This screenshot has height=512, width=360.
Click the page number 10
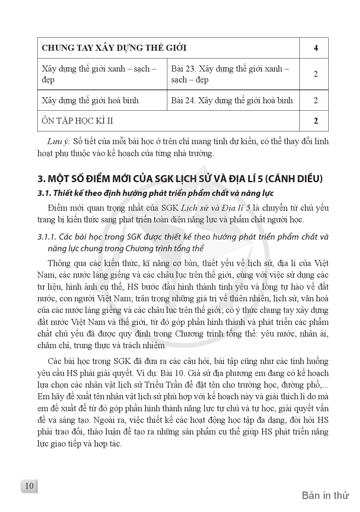[29, 486]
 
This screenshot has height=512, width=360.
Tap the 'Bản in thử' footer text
[325, 495]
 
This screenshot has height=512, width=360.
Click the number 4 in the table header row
[316, 48]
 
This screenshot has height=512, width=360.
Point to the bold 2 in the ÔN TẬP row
[316, 121]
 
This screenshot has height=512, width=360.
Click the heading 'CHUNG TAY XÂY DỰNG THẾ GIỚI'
[114, 48]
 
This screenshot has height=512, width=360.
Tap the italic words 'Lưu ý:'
[59, 142]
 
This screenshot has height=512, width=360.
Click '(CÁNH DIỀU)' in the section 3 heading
[293, 179]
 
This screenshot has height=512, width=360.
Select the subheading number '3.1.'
[44, 193]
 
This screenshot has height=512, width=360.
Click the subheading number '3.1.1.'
[47, 237]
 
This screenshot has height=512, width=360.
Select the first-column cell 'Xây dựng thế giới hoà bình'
[90, 100]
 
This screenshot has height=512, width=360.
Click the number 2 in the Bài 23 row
[316, 74]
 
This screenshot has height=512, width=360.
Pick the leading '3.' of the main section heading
[42, 179]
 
